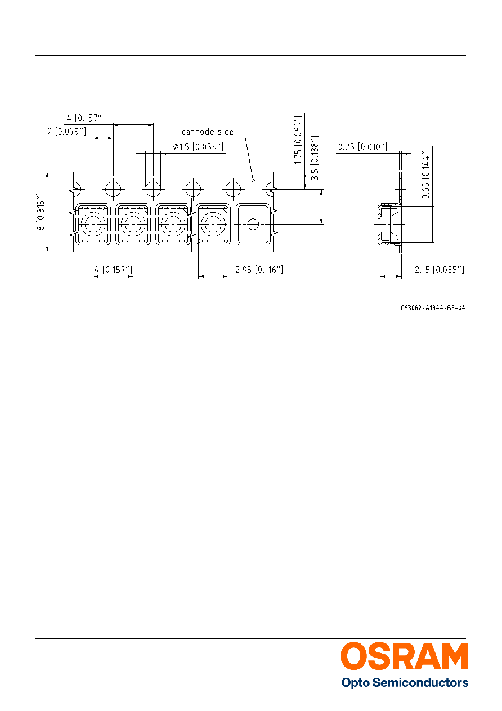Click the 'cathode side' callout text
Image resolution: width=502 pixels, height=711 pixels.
pos(208,131)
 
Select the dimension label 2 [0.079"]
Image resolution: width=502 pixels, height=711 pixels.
pos(66,131)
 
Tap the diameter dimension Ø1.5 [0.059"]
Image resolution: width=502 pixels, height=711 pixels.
pos(198,146)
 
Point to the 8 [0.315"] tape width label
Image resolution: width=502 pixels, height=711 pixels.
pos(41,212)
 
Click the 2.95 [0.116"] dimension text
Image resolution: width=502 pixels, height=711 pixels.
pos(259,270)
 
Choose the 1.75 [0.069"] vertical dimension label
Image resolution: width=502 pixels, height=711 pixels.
pos(298,140)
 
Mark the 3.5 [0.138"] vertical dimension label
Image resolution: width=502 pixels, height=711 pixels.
pos(314,158)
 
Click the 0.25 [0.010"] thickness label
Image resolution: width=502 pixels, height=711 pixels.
pos(362,147)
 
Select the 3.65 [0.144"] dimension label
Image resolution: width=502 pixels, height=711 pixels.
pos(425,173)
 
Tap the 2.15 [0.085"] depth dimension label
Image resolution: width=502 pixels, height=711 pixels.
pos(440,270)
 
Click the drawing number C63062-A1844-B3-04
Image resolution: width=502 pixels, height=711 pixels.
pos(433,307)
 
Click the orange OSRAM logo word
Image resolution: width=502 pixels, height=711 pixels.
pos(405,656)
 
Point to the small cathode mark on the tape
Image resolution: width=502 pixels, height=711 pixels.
pos(253,181)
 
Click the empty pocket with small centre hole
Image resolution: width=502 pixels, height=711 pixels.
pos(253,224)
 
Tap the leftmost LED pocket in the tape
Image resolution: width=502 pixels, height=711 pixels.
pos(93,224)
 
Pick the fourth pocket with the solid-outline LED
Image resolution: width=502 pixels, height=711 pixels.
pos(213,224)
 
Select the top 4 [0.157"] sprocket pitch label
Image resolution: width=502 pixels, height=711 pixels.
pos(86,118)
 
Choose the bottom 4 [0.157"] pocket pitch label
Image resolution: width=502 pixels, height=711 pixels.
pos(113,270)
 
